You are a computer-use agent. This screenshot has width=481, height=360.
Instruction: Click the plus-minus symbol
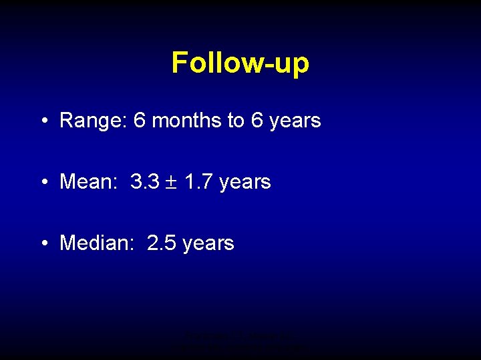171,182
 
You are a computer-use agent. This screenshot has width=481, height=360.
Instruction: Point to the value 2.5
161,243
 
